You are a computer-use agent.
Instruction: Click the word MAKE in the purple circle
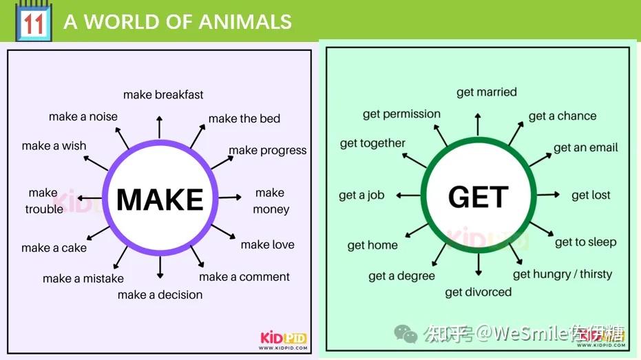[160, 199]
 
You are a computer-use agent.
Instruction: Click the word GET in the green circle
[478, 198]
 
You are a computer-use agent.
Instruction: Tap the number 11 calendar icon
[32, 21]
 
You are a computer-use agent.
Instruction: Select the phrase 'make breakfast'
[163, 94]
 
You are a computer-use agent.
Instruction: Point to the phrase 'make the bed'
[244, 118]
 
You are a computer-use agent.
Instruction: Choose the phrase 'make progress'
[268, 150]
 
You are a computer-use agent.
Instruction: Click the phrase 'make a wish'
[54, 146]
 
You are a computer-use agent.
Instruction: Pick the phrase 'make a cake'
[54, 248]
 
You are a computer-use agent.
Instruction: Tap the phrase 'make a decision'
[160, 295]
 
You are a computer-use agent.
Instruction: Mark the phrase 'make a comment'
[244, 277]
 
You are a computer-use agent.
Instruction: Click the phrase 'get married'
[486, 92]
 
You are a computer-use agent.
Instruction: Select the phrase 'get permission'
[401, 114]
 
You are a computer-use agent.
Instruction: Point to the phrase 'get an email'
[586, 147]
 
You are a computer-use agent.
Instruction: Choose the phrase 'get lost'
[591, 195]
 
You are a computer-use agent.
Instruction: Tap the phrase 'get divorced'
[478, 292]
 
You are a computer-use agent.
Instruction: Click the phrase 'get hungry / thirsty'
[563, 274]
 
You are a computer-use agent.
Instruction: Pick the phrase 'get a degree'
[401, 276]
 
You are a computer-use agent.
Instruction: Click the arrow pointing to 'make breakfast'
[160, 127]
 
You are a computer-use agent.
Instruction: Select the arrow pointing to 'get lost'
[549, 195]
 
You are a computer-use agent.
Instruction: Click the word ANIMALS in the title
[246, 21]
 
